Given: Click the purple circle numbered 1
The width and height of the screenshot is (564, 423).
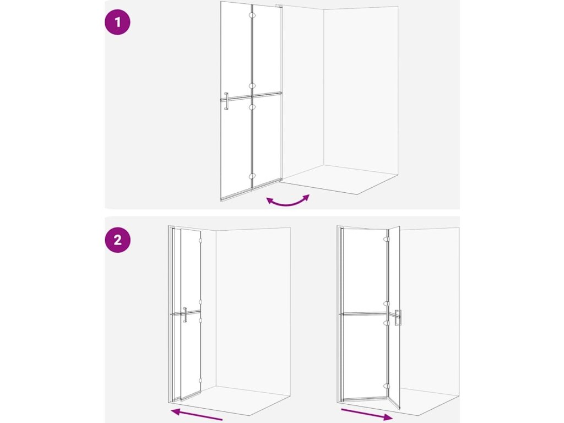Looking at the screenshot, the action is tap(117, 22).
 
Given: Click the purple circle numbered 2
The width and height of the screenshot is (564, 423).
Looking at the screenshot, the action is tap(118, 240).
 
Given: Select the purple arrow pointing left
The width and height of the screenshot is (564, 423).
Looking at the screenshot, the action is tap(197, 414).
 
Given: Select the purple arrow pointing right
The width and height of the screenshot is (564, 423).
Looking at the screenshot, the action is tap(366, 414).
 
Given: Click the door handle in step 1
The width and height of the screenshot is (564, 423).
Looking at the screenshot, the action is tap(226, 101).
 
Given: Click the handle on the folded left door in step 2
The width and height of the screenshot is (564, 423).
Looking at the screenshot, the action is tap(185, 314).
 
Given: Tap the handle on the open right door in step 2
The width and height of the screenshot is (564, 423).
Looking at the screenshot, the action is tap(398, 318).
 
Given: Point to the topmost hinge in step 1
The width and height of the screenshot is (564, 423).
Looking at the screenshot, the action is tap(252, 15).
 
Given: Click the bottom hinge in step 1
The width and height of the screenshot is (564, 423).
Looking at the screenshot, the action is tap(252, 176).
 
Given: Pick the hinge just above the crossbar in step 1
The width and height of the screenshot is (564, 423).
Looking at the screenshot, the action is tap(252, 86).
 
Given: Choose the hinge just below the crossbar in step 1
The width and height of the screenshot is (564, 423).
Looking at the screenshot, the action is tap(252, 107).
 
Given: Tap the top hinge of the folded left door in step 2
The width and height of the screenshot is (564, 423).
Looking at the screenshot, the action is tap(200, 240).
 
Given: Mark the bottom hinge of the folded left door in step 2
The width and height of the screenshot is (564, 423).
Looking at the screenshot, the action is tap(200, 380).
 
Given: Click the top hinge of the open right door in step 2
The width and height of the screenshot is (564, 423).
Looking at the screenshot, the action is tap(387, 239).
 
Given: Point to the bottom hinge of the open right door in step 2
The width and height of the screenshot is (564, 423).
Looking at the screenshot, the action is tap(387, 386).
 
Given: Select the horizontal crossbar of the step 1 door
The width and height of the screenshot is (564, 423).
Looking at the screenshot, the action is tap(251, 96).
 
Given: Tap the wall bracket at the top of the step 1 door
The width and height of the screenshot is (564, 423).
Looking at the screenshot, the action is tap(279, 6).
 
